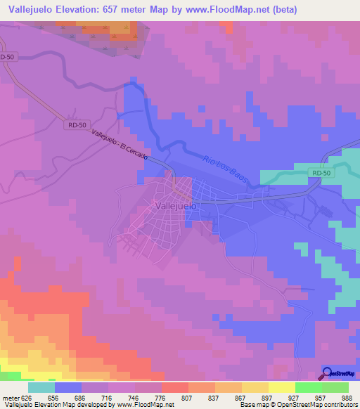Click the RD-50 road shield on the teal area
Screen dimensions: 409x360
pos(321,172)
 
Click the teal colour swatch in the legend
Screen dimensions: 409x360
pos(41,387)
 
